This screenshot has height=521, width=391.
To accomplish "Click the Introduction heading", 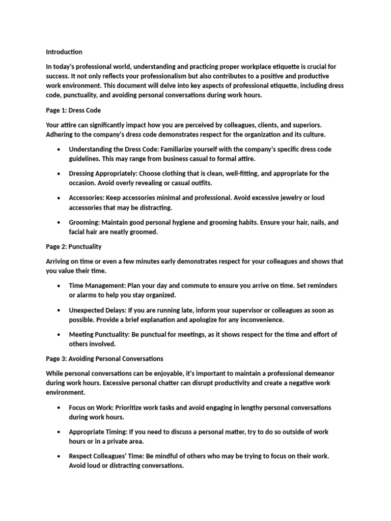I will (x=64, y=52).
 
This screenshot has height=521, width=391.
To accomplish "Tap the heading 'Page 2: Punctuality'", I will (x=73, y=247).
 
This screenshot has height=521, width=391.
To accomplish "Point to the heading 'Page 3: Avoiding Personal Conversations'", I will (x=104, y=359).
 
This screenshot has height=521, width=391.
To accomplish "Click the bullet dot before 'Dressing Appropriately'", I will (x=60, y=173).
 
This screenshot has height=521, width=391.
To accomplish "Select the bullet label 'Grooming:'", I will (x=85, y=222).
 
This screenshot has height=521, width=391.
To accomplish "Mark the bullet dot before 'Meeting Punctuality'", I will (x=60, y=335).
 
